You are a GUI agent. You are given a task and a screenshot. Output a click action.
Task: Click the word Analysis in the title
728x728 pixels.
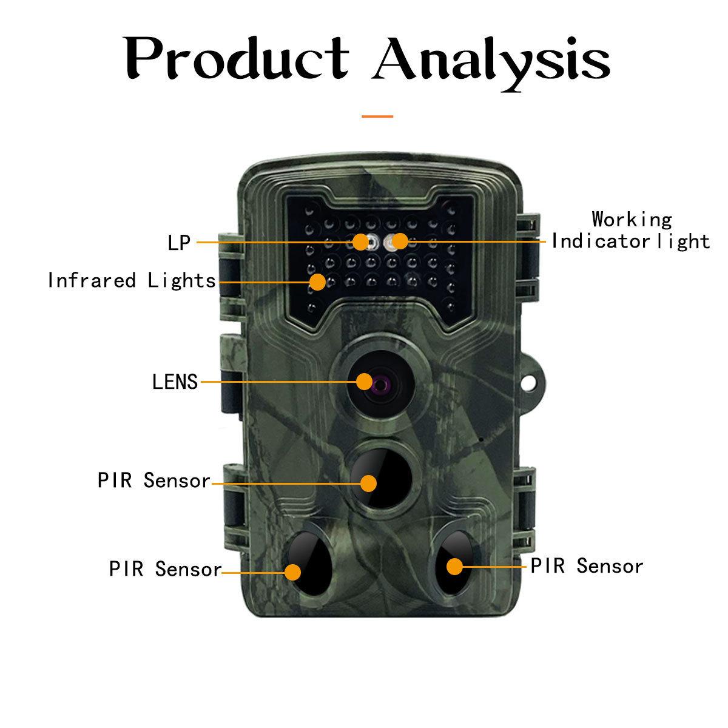pyautogui.click(x=491, y=61)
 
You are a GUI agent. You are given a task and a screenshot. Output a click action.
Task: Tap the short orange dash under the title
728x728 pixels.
pyautogui.click(x=377, y=116)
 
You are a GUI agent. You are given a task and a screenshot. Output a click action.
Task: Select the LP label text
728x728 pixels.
pyautogui.click(x=179, y=243)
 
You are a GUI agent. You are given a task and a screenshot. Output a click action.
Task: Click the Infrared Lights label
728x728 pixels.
pyautogui.click(x=132, y=281)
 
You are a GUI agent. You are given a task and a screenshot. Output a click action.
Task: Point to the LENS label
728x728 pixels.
pyautogui.click(x=175, y=382)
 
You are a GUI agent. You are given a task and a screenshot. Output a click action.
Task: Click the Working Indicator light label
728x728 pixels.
pyautogui.click(x=631, y=231)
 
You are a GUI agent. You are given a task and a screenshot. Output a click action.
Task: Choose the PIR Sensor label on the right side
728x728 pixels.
pyautogui.click(x=587, y=566)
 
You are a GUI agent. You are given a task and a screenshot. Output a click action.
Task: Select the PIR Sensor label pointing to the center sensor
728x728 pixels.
pyautogui.click(x=153, y=481)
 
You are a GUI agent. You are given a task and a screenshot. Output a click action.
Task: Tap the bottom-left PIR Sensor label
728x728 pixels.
pyautogui.click(x=165, y=570)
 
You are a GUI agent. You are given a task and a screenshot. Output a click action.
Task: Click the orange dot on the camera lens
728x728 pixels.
pyautogui.click(x=364, y=382)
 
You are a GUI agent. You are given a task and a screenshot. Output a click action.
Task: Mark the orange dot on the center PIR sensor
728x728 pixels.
pyautogui.click(x=368, y=484)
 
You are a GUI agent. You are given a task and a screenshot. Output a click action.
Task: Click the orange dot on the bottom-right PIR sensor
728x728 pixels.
pyautogui.click(x=454, y=567)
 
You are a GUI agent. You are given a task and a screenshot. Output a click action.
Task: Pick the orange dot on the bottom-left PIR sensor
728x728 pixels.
pyautogui.click(x=293, y=572)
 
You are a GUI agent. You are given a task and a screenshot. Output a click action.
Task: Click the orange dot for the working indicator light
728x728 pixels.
pyautogui.click(x=399, y=241)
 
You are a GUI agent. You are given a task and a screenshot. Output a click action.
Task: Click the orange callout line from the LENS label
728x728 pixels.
pyautogui.click(x=279, y=382)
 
